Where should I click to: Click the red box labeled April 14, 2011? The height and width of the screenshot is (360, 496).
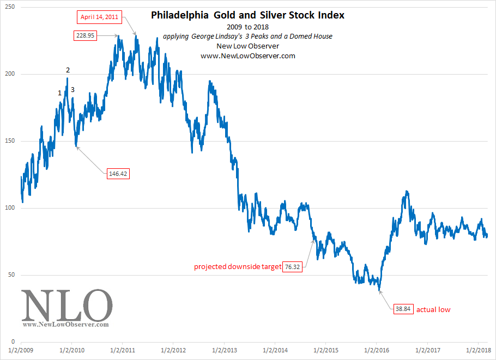(99, 17)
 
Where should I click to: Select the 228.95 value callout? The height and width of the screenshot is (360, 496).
(86, 35)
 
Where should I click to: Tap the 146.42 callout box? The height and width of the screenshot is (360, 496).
(118, 174)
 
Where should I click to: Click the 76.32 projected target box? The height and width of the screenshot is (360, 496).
(292, 267)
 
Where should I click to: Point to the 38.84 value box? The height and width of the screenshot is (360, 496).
(403, 309)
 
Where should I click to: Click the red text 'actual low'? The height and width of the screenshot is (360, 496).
(433, 310)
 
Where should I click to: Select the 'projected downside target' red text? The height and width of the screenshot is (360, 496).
(238, 267)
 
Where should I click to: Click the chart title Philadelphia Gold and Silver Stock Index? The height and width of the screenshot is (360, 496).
(247, 15)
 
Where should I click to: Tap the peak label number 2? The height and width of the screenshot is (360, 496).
(68, 70)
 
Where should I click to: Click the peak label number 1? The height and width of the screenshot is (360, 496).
(59, 93)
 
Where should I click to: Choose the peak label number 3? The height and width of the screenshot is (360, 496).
(72, 90)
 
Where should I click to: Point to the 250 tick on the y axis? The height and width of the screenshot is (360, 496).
(10, 7)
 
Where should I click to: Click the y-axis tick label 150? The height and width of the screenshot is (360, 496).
(10, 141)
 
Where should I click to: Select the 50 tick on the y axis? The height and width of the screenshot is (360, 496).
(11, 274)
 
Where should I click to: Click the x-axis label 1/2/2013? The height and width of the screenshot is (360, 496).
(224, 350)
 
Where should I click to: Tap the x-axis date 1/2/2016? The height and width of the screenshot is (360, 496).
(377, 350)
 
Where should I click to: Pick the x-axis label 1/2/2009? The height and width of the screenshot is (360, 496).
(21, 350)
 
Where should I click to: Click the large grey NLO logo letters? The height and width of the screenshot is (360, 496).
(66, 306)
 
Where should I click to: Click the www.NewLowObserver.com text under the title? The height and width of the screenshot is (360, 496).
(247, 56)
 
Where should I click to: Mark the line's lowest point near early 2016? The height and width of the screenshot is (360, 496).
(379, 290)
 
